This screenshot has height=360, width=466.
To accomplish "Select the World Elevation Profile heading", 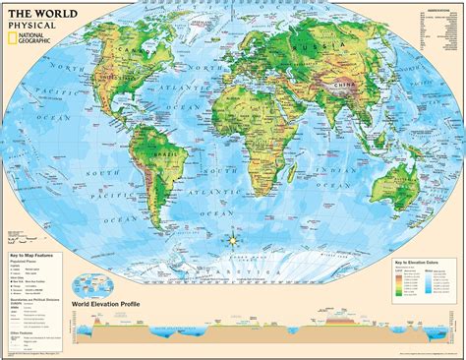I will [107, 305].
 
